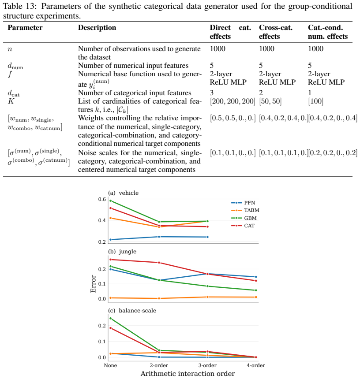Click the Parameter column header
[x=25, y=28]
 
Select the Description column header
[x=97, y=28]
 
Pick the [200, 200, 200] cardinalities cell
[x=232, y=101]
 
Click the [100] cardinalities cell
[x=315, y=101]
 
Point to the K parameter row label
[x=11, y=101]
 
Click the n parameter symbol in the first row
[x=10, y=49]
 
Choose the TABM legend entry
[x=245, y=210]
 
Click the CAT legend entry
[x=243, y=226]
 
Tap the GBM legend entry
[x=244, y=218]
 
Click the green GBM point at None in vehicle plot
[x=111, y=201]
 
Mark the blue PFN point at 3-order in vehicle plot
[x=207, y=237]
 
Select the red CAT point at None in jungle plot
[x=111, y=260]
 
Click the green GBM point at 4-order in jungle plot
[x=256, y=290]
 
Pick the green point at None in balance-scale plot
[x=111, y=318]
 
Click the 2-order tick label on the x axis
[x=159, y=365]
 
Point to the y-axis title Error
[x=93, y=284]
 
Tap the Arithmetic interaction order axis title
[x=188, y=374]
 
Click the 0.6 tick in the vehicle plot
[x=102, y=199]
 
